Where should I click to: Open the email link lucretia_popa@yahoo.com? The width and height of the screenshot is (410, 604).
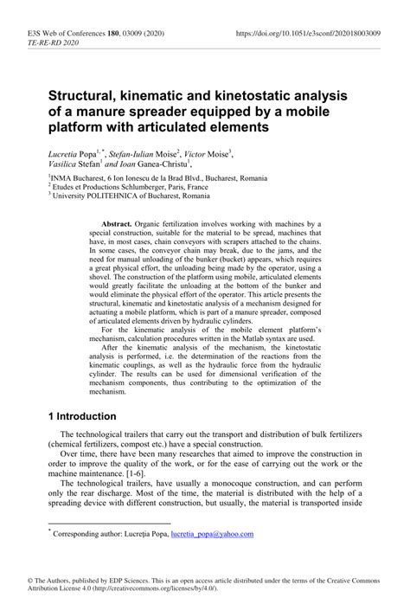point(212,534)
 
